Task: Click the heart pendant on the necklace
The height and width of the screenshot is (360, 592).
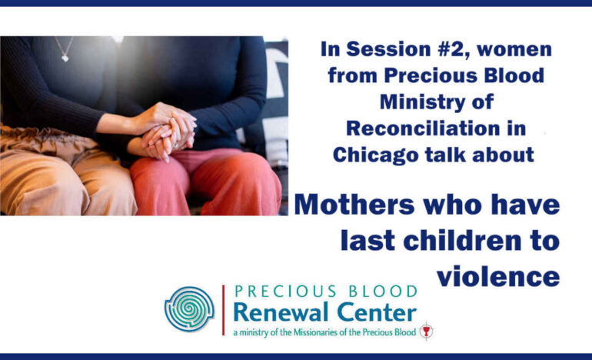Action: point(65,58)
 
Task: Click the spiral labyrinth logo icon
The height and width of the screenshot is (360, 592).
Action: point(189,308)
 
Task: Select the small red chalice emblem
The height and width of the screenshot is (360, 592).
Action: point(426,332)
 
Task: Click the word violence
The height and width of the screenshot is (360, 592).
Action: point(498,276)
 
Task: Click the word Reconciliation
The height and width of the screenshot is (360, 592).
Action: point(423,128)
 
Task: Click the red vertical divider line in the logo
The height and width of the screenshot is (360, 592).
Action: point(223,310)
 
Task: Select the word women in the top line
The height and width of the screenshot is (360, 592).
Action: point(514,49)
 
